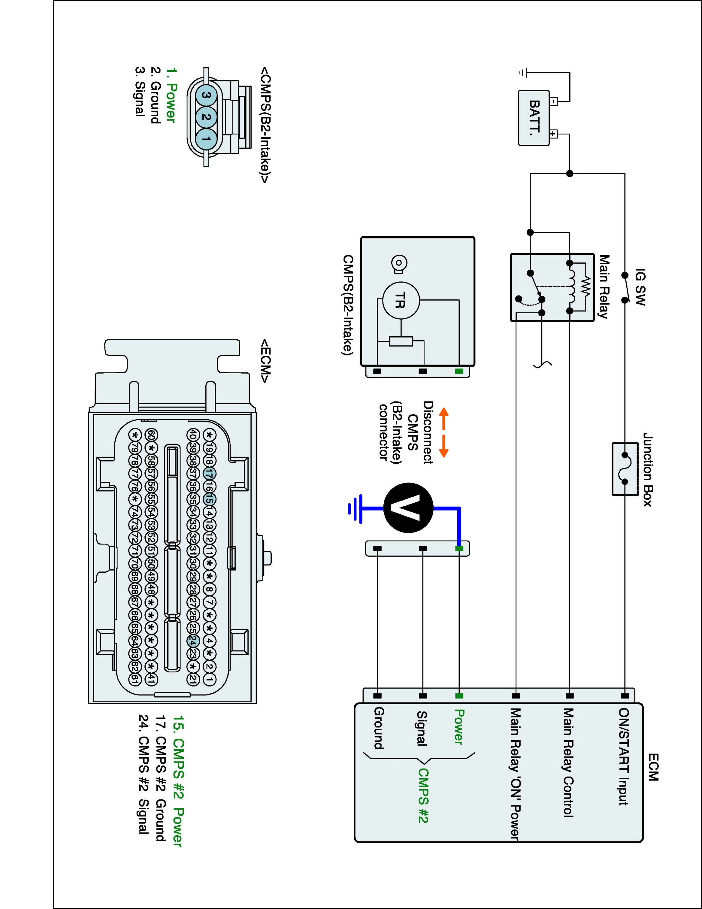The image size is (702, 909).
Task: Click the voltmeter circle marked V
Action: click(408, 508)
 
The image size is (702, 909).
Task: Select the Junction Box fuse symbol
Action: click(625, 469)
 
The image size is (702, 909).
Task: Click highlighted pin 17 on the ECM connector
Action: click(210, 474)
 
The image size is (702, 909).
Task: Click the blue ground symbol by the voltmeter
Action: click(355, 508)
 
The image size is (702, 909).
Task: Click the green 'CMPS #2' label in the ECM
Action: click(423, 795)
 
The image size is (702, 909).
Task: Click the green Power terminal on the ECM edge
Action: click(459, 695)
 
